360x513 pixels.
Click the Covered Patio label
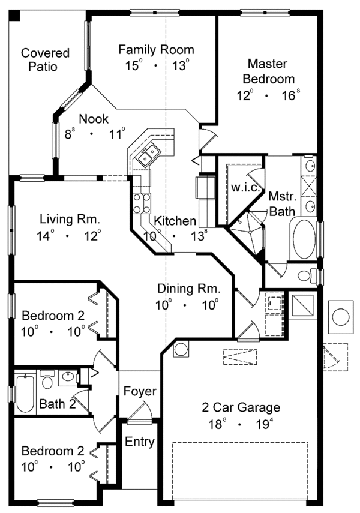coord(45,60)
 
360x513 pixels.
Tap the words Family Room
coord(156,49)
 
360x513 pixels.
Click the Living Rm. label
coord(66,219)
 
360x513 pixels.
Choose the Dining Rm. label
coord(188,288)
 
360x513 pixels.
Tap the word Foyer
coord(140,391)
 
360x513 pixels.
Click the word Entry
coord(140,442)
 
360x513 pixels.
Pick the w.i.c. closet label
coord(244,188)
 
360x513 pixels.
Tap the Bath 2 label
coord(57,404)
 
